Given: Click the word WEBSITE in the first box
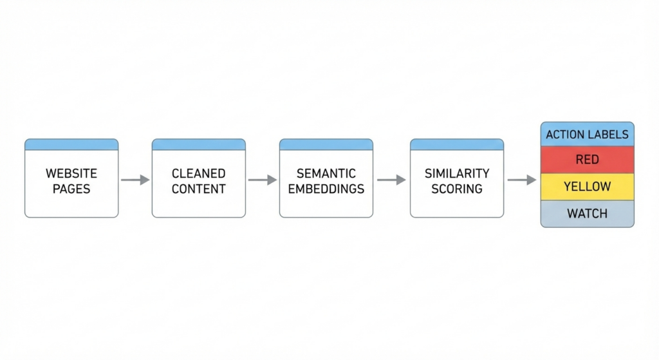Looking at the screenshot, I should tap(71, 173).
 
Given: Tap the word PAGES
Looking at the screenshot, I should tap(71, 189).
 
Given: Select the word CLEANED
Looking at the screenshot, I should tap(198, 173).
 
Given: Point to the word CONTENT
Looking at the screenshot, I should tap(198, 189).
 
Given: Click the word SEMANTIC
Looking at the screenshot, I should tap(326, 173).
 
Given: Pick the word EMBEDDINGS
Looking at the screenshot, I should tap(326, 189).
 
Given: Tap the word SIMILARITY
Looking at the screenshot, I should tap(457, 173).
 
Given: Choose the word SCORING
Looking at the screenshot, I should tap(457, 189).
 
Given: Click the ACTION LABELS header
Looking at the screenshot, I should tap(587, 135).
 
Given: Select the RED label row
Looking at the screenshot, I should tap(587, 160).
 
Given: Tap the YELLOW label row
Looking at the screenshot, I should tap(587, 187).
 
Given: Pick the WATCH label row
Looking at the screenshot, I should tap(587, 213).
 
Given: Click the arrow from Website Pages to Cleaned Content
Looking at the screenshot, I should tap(135, 180).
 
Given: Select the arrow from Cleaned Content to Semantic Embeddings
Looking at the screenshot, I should tap(262, 180).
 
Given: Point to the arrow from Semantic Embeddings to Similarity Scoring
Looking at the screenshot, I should tap(391, 180).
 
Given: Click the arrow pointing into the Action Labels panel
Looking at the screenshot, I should tap(521, 180).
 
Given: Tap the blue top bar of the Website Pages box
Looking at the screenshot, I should tap(71, 144).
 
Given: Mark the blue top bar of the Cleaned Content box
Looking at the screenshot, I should tap(198, 144).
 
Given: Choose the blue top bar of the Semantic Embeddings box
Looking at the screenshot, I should tap(326, 144).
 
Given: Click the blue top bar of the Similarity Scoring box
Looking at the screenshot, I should tap(457, 144).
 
